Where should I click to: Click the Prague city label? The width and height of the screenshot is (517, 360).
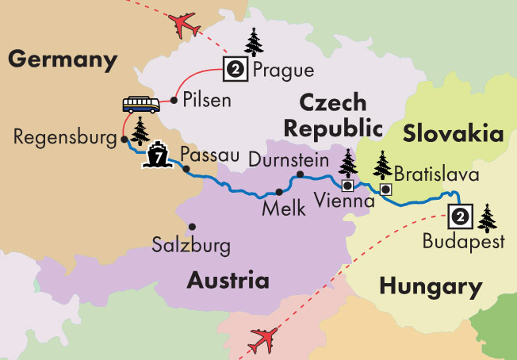click(x=282, y=71)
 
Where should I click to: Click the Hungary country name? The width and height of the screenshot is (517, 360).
click(x=431, y=286)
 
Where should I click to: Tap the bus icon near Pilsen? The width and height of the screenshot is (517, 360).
click(x=141, y=105)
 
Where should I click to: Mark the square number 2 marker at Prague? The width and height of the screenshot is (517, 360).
click(x=235, y=69)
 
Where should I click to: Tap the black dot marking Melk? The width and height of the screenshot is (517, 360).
click(x=278, y=192)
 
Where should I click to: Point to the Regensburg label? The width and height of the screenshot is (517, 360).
click(x=64, y=136)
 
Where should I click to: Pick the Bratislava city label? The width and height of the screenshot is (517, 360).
click(x=434, y=171)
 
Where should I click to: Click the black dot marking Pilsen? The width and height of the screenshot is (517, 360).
click(x=174, y=101)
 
